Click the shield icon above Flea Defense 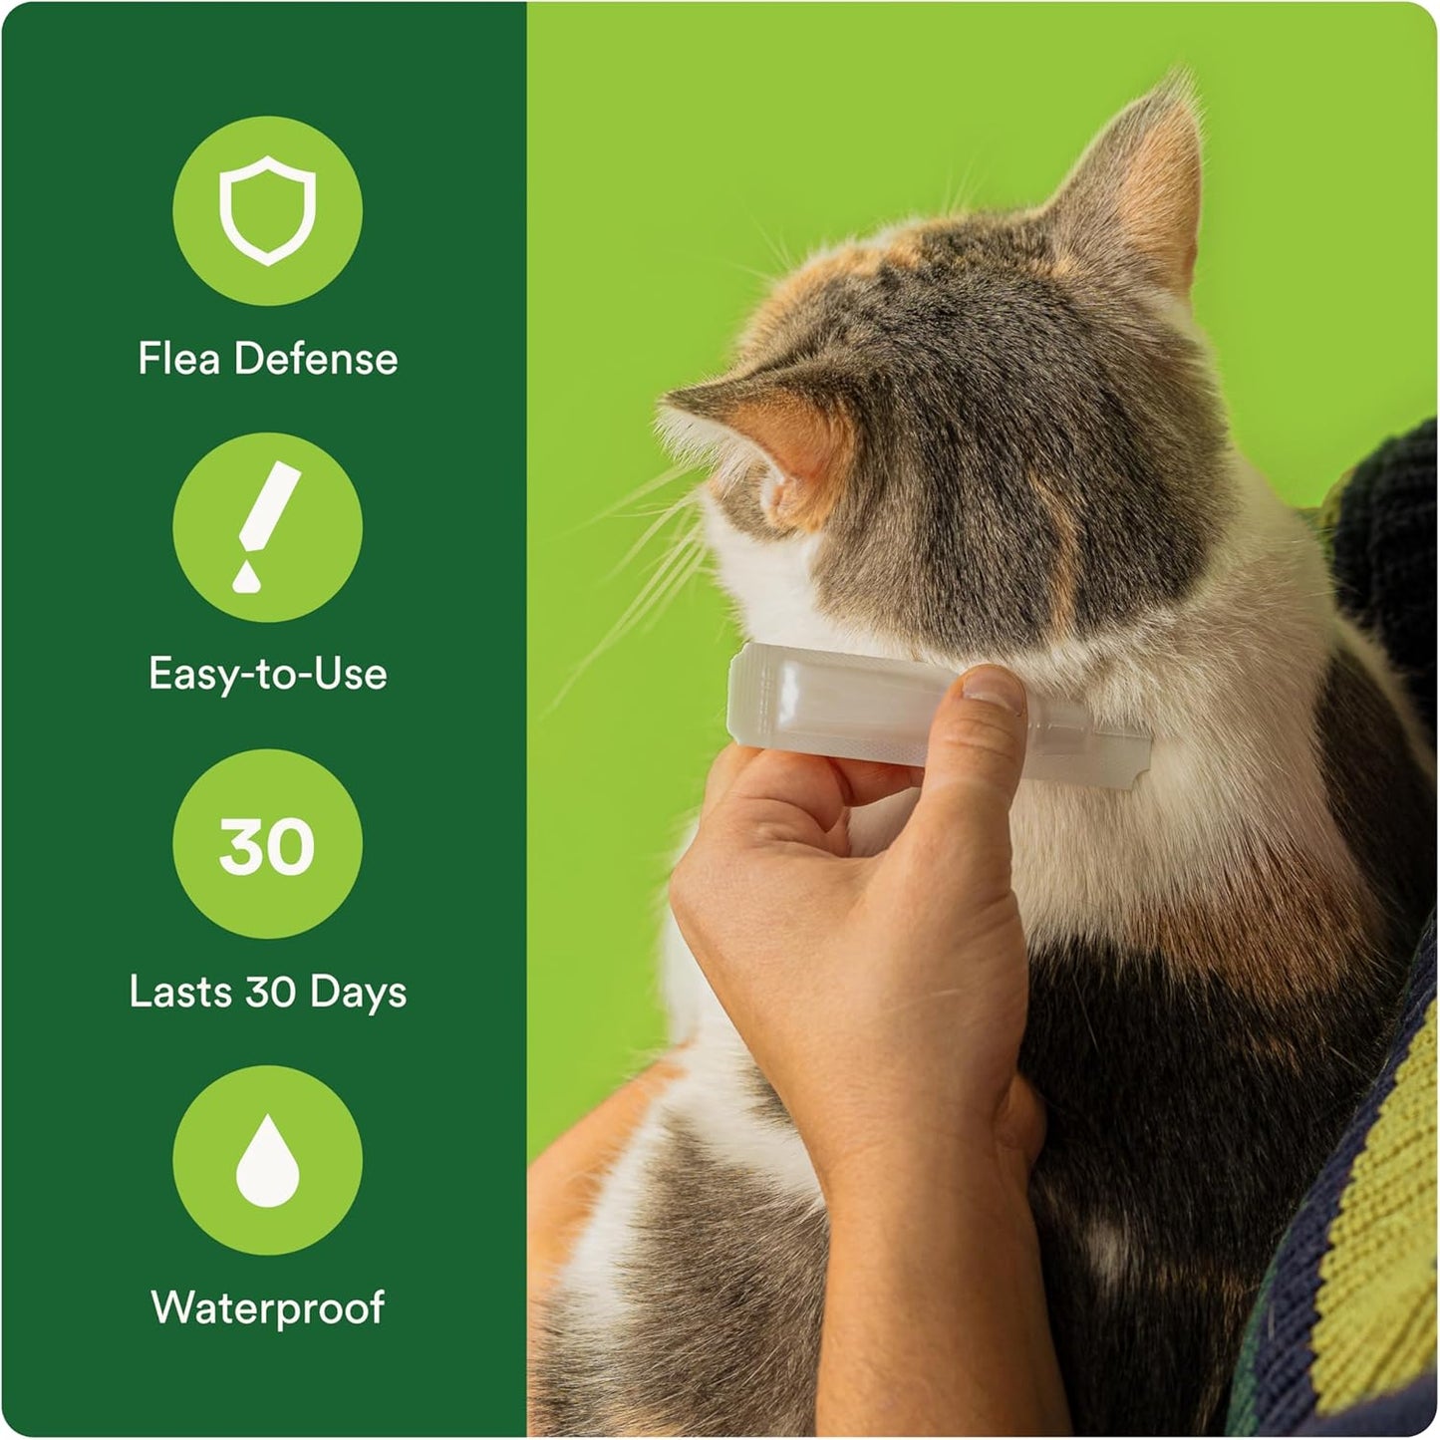click(x=267, y=210)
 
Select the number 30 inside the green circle click(x=267, y=846)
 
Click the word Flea click(x=178, y=360)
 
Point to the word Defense click(x=316, y=360)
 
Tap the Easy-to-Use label click(x=267, y=675)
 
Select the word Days click(x=358, y=993)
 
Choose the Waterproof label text click(x=267, y=1307)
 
